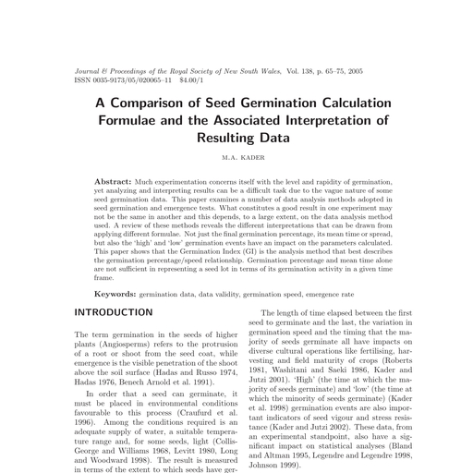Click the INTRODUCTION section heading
(113, 313)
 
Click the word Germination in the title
(284, 101)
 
